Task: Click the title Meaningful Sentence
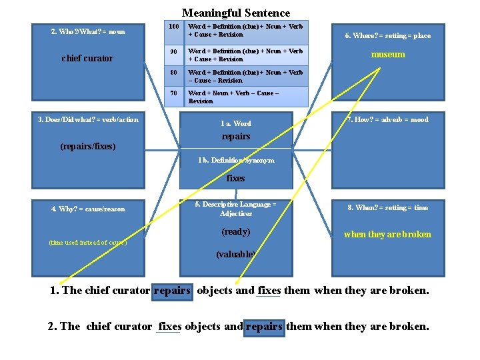click(x=236, y=13)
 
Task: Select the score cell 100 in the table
click(x=173, y=27)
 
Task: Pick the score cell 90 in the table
click(x=173, y=51)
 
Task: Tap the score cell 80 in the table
click(x=173, y=73)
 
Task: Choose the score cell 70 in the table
click(x=173, y=93)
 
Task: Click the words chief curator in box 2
click(x=87, y=58)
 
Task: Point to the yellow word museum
click(x=388, y=55)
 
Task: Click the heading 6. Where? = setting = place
click(x=387, y=35)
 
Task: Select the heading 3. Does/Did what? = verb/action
click(x=88, y=119)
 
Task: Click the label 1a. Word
click(x=236, y=123)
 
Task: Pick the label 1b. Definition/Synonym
click(x=236, y=160)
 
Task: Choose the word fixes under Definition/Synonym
click(x=236, y=178)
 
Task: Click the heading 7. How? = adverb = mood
click(x=388, y=119)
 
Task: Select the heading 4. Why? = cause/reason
click(x=88, y=209)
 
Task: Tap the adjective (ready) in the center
click(x=236, y=232)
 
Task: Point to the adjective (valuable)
click(x=236, y=254)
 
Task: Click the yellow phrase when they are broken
click(x=387, y=234)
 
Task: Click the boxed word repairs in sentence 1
click(x=172, y=291)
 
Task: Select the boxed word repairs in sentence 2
click(x=264, y=327)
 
